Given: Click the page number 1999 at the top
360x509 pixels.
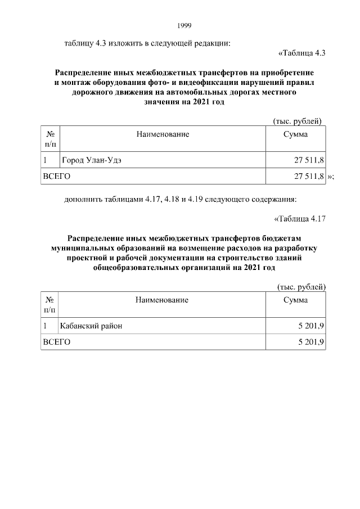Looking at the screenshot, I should click(184, 25).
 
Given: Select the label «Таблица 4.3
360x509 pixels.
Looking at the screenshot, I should click(302, 53).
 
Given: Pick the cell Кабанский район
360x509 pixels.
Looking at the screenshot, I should click(91, 326).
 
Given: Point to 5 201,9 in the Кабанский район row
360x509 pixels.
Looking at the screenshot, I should click(310, 326).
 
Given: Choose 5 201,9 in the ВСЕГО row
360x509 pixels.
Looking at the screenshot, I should click(310, 341).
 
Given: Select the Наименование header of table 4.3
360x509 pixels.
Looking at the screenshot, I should click(162, 134).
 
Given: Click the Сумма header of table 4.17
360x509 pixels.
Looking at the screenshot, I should click(295, 300).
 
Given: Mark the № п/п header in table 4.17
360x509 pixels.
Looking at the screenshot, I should click(49, 304).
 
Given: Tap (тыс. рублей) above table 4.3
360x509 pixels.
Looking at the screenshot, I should click(297, 121).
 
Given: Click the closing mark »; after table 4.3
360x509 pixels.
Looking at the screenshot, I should click(331, 177).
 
